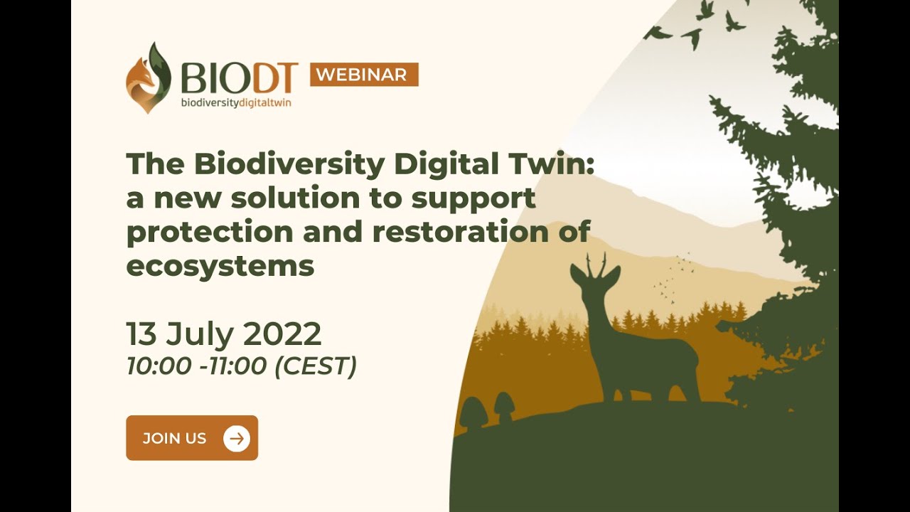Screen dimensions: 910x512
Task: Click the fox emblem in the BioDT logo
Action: pos(149,78)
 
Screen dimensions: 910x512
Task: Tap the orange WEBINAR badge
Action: pos(364,75)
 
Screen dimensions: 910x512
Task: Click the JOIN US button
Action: pos(192,437)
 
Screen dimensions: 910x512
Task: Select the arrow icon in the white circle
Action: pos(237,439)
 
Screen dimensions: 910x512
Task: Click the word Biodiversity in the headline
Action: pos(289,164)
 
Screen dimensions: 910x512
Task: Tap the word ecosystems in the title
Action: pos(220,267)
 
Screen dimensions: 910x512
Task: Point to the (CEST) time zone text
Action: pos(316,366)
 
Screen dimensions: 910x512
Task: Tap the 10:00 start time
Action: pos(159,366)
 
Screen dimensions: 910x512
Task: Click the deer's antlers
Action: pos(596,263)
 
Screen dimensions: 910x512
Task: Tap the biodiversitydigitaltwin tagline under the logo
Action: pos(236,103)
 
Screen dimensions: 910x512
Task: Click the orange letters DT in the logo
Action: pos(275,78)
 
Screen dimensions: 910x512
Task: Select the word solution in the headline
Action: pos(296,198)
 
